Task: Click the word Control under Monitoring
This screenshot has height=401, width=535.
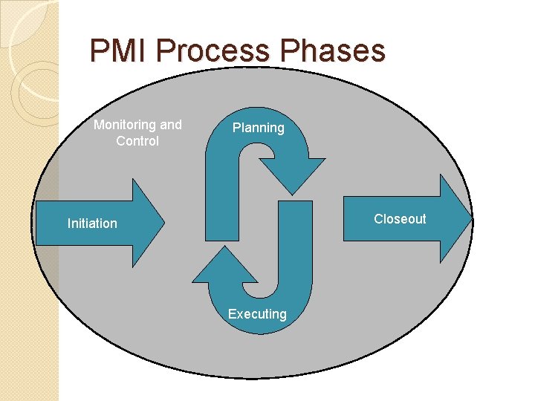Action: point(137,141)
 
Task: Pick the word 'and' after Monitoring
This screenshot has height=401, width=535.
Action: point(171,125)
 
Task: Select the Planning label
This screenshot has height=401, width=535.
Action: point(258,128)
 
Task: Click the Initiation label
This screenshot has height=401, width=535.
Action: point(92,224)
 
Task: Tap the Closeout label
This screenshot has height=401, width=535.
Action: point(400,219)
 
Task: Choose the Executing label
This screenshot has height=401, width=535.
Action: point(257,314)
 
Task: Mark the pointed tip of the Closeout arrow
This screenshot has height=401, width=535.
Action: point(471,218)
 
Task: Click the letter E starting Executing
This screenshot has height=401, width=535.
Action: point(232,314)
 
